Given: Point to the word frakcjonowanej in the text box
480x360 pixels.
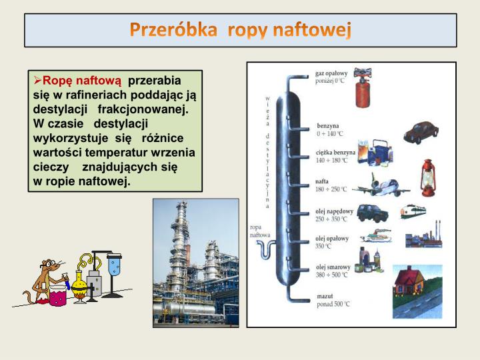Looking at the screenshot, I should tap(143, 107).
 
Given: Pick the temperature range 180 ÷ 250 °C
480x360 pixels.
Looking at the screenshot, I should tap(331, 189).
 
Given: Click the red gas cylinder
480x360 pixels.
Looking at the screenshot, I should tap(363, 87).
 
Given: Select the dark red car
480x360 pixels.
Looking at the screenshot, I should tap(421, 132).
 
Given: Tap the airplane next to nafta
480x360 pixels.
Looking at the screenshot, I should tap(381, 185).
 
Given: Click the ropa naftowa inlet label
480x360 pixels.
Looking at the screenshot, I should tap(260, 231).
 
